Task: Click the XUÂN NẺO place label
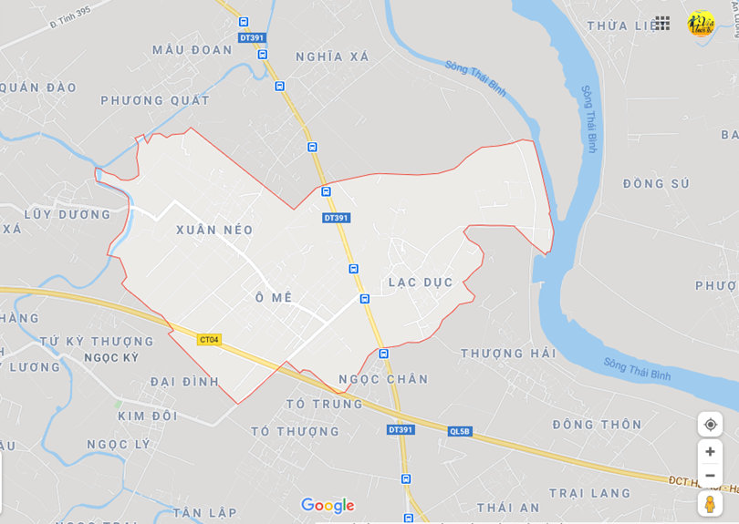[214, 230]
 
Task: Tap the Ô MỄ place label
[274, 298]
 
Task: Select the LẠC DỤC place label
[421, 283]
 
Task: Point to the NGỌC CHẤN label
[383, 379]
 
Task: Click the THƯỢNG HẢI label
[508, 354]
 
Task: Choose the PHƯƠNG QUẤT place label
[155, 100]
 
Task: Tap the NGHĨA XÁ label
[332, 57]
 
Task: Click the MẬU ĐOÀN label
[193, 50]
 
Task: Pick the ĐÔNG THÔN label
[597, 425]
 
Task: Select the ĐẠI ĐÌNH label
[185, 382]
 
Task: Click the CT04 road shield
[209, 340]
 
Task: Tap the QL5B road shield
[460, 431]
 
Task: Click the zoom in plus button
[710, 451]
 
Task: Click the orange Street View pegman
[710, 504]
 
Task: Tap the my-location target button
[710, 425]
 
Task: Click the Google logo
[327, 506]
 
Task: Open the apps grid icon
[662, 24]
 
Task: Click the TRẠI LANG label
[589, 493]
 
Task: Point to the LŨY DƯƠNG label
[67, 215]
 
